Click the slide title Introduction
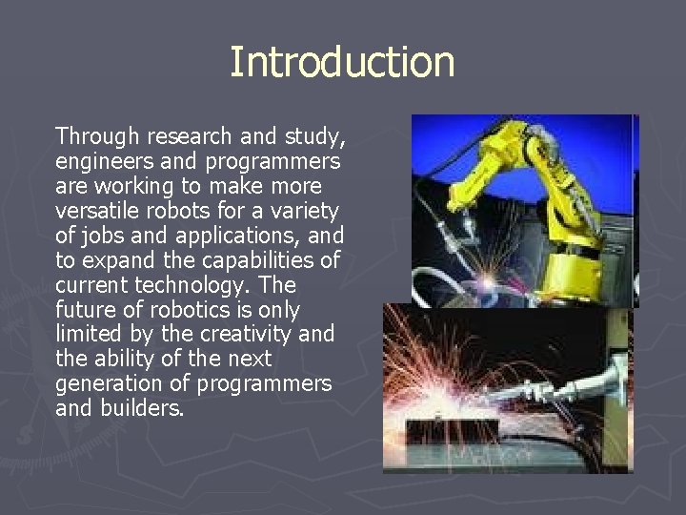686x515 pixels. coord(342,63)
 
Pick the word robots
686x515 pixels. coord(171,210)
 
